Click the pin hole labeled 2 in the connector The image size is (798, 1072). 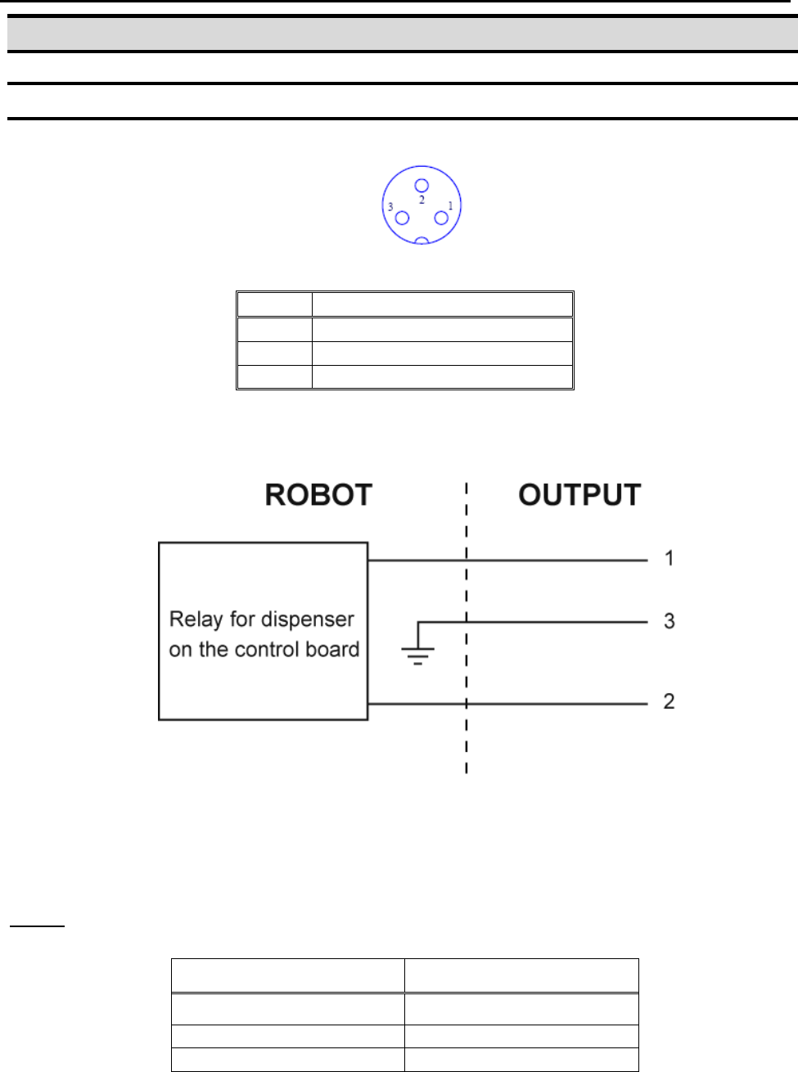tap(422, 186)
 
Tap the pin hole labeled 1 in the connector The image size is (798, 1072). tap(441, 218)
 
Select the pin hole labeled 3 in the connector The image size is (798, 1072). tap(402, 218)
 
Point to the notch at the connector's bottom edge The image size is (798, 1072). tap(422, 241)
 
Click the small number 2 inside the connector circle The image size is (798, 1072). tap(422, 200)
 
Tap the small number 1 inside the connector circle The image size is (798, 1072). tap(450, 206)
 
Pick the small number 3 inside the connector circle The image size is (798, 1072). tap(390, 207)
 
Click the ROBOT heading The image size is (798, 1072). tap(318, 495)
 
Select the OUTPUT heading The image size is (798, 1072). tap(579, 495)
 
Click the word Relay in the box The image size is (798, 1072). tap(196, 619)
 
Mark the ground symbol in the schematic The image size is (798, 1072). tap(417, 653)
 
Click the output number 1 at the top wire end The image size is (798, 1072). tap(670, 559)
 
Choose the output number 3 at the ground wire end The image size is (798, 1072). tap(670, 621)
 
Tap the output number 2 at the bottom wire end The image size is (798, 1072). tap(670, 701)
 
